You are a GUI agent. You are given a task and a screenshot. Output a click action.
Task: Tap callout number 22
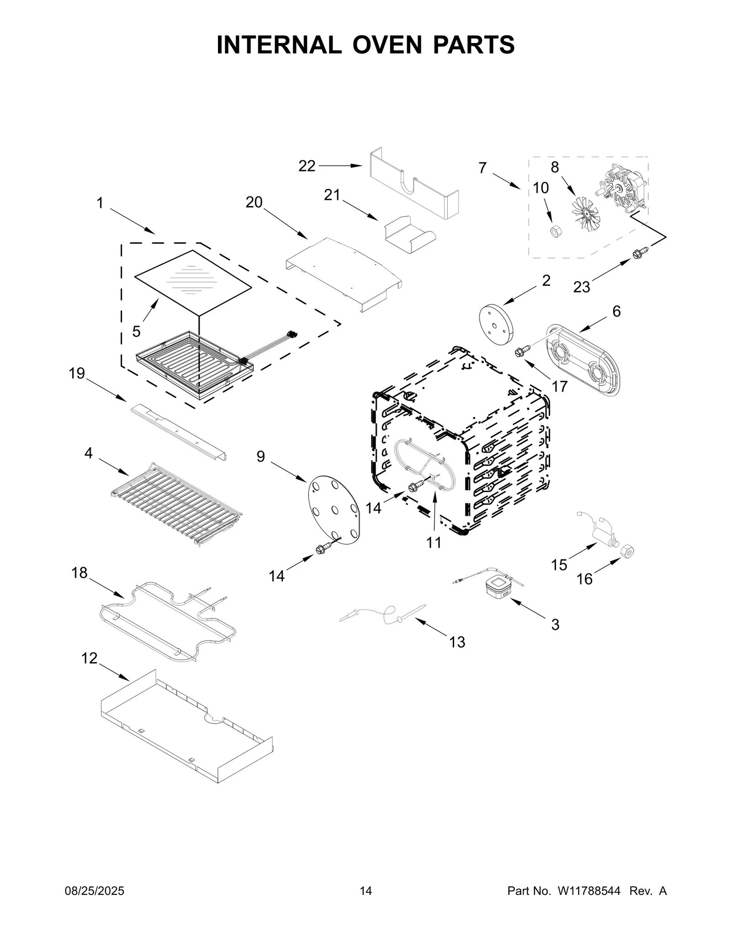307,166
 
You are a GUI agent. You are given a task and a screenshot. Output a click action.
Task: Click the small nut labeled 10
555,231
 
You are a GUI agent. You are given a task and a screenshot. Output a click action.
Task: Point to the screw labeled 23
639,252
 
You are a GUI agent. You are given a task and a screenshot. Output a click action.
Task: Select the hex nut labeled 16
628,552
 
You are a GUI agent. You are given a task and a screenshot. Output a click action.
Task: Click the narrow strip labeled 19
178,432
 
